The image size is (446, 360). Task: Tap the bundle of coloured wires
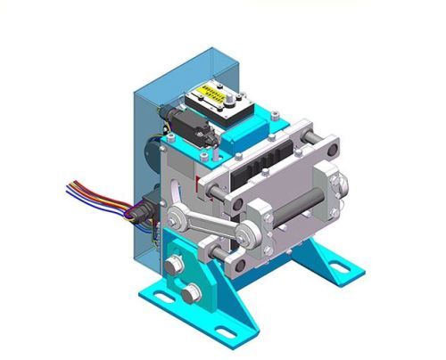pos(94,194)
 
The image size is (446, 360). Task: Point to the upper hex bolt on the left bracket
pos(171,265)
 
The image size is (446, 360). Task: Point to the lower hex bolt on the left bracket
pos(190,293)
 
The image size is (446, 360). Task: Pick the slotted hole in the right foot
pos(341,265)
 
